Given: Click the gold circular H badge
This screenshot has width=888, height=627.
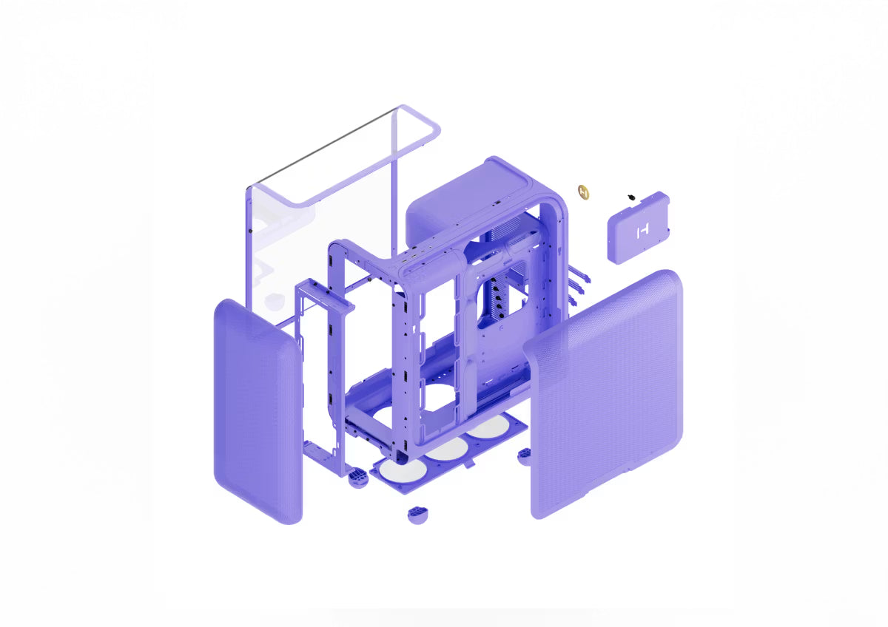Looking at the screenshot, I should click(x=585, y=191).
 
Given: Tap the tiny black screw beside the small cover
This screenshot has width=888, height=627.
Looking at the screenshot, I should click(x=630, y=197).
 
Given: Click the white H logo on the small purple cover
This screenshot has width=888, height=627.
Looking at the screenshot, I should click(x=641, y=231).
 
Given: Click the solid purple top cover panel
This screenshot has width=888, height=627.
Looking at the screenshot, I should click(x=451, y=200).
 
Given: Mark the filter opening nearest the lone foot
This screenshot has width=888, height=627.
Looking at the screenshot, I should click(x=403, y=470).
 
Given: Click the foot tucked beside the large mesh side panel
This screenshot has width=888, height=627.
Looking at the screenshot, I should click(x=524, y=454).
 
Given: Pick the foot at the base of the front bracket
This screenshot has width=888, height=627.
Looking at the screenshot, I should click(x=357, y=478).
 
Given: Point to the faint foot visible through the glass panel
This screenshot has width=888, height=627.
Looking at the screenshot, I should click(x=275, y=299).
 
